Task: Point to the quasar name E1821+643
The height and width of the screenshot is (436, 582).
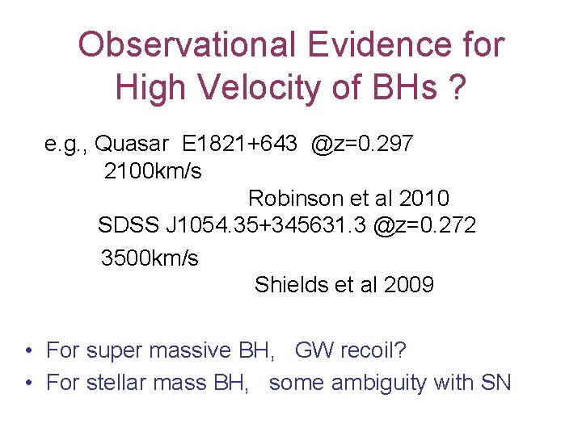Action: [238, 145]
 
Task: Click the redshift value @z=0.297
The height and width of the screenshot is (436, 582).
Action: [361, 145]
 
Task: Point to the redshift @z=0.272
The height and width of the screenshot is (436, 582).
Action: [424, 225]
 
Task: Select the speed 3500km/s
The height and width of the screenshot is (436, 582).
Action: [150, 258]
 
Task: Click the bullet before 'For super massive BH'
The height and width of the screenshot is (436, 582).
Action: [28, 351]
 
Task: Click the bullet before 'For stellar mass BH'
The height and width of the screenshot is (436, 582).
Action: [28, 383]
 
